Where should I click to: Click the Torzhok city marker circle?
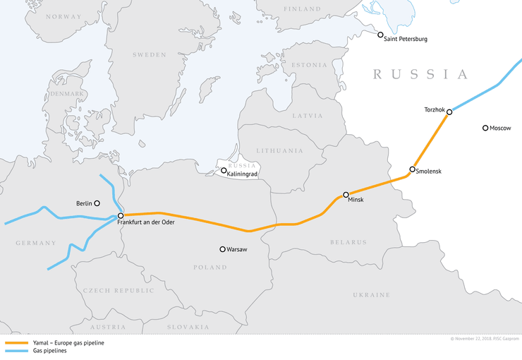point(449,112)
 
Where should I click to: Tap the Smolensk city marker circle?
point(412,169)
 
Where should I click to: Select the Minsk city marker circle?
point(346,194)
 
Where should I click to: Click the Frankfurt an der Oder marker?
point(121,215)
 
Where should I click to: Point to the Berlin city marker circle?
point(97,203)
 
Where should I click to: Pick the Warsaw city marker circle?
point(222,249)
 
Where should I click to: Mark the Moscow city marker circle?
point(485,128)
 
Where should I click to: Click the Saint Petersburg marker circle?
point(380,35)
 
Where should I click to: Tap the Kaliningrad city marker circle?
point(224,171)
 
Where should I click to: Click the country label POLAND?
point(210,268)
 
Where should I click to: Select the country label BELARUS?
point(348,242)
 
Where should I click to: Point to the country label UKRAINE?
point(371,294)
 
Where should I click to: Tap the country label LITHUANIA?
point(279,150)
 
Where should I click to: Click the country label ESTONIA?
point(308,65)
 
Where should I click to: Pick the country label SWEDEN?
point(149,54)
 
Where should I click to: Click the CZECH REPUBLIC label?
point(118,290)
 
